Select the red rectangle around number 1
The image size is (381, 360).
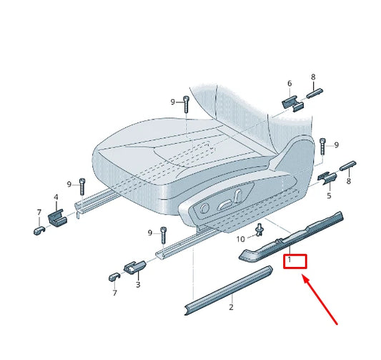coord(295,261)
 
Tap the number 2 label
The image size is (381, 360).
coord(231,307)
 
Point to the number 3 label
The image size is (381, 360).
coord(138,284)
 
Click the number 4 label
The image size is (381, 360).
coord(56,197)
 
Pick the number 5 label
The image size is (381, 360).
coord(329,195)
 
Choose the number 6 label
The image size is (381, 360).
coord(290,84)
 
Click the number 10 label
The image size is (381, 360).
coord(241,238)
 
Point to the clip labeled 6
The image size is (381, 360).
coord(290,102)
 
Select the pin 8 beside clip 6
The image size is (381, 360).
coord(316,92)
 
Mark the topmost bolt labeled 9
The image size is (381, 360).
coord(184,103)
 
